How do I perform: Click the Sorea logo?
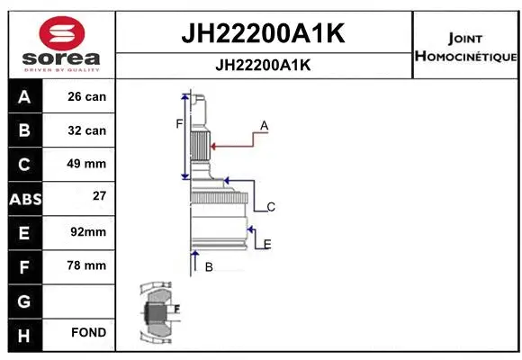click(61, 42)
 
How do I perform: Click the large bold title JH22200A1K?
click(264, 35)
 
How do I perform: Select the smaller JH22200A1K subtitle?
click(264, 66)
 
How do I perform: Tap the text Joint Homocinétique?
click(465, 48)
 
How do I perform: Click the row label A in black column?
click(24, 97)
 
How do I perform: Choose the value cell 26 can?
click(87, 97)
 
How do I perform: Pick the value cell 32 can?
click(87, 130)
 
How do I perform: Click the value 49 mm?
click(87, 164)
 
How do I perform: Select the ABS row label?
click(24, 198)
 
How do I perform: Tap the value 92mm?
click(87, 232)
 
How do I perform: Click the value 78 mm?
click(87, 265)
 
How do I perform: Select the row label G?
click(24, 300)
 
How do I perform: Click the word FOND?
click(88, 333)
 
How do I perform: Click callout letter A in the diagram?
click(265, 124)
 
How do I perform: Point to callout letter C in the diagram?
click(270, 207)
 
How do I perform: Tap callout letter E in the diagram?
click(267, 244)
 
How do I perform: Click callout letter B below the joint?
click(208, 267)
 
